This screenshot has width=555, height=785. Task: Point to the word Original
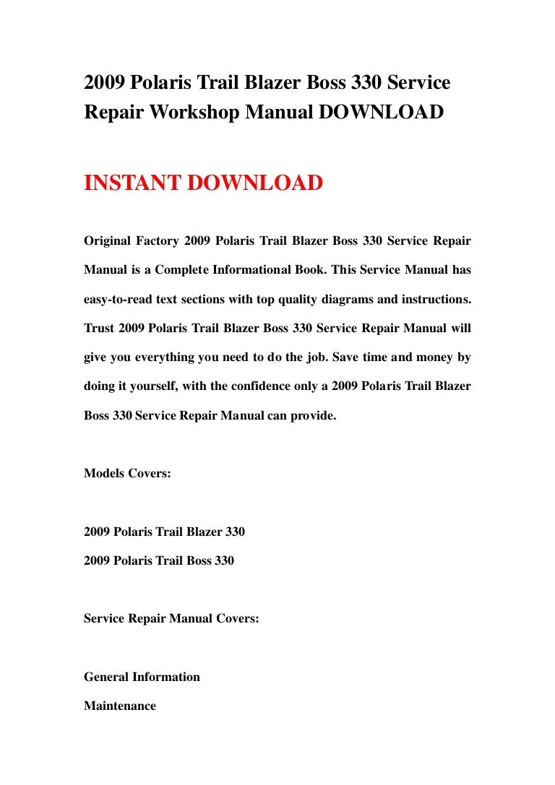(x=109, y=240)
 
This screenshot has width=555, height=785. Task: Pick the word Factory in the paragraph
(x=157, y=240)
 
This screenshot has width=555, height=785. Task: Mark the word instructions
(x=434, y=299)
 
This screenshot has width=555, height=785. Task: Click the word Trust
(x=98, y=328)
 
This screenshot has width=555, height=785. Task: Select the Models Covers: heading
(x=127, y=474)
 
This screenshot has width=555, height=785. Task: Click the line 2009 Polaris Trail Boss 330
(x=159, y=560)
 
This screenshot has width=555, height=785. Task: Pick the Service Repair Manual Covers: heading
(x=171, y=618)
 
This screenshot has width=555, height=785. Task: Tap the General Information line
(x=142, y=677)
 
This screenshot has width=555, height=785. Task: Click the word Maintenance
(x=120, y=706)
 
